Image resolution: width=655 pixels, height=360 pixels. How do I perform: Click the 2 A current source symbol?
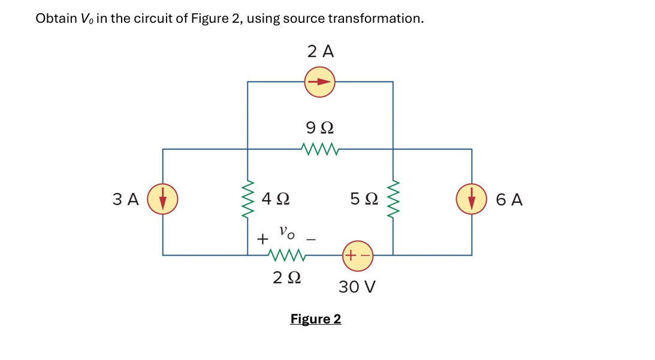tap(320, 82)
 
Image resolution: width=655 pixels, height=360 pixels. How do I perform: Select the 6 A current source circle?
tap(472, 199)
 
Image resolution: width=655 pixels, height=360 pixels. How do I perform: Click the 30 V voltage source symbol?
tap(358, 255)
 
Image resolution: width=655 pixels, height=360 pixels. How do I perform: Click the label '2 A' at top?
tap(321, 52)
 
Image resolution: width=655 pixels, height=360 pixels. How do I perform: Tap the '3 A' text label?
tap(125, 199)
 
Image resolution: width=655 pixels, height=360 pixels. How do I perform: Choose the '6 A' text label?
tap(509, 199)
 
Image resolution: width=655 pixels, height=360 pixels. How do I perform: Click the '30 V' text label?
tap(357, 287)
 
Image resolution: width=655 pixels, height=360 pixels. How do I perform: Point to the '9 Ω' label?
tap(320, 128)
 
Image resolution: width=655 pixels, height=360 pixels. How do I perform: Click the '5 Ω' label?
tap(364, 197)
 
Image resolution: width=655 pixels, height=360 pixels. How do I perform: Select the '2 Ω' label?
tap(286, 278)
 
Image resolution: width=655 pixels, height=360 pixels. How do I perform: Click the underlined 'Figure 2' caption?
tap(316, 319)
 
